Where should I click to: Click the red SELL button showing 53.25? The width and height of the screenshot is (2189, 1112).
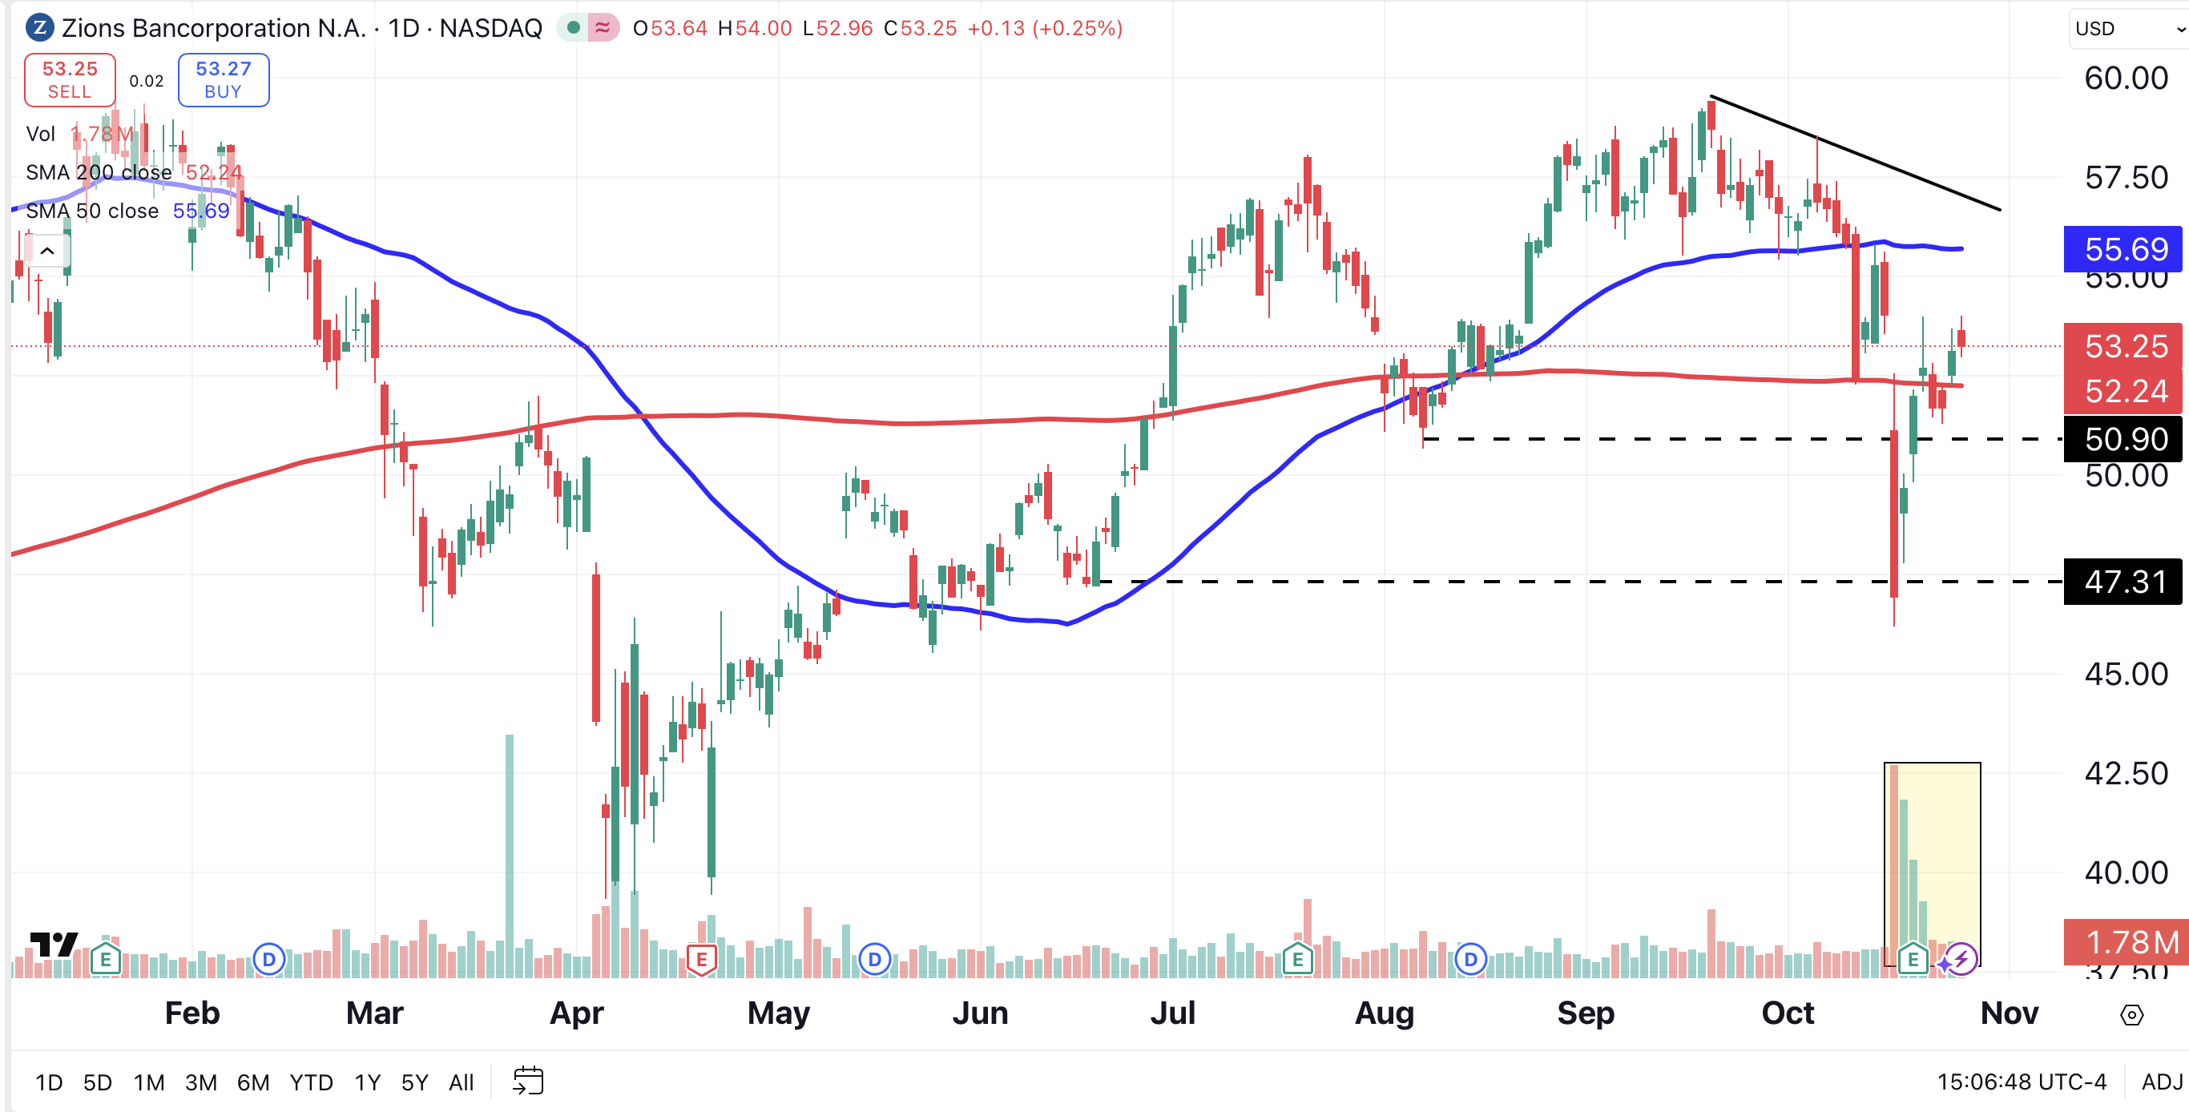click(x=70, y=80)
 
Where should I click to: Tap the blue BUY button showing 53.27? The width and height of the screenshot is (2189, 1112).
click(x=224, y=80)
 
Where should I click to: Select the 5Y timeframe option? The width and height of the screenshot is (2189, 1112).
click(x=415, y=1082)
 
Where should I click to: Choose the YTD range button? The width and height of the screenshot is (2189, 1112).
click(x=311, y=1082)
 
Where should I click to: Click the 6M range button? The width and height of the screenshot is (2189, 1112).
click(x=253, y=1082)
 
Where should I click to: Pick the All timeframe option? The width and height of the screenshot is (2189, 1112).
click(x=462, y=1082)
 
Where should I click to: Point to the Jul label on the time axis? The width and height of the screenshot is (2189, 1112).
click(x=1173, y=1013)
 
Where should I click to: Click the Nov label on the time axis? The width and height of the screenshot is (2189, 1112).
click(x=2009, y=1013)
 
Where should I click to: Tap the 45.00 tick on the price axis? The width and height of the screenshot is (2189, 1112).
click(x=2127, y=674)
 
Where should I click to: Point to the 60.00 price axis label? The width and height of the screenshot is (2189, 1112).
click(x=2127, y=79)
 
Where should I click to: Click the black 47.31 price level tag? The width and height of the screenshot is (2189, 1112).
click(x=2123, y=582)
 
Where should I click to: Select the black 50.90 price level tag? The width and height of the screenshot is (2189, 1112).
click(x=2123, y=439)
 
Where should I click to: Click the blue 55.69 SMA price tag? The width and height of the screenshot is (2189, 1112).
click(x=2123, y=249)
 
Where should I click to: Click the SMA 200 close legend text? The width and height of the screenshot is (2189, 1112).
click(x=99, y=172)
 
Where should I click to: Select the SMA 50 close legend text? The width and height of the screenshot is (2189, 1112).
click(x=92, y=211)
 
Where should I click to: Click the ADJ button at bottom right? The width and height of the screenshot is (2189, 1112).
click(x=2161, y=1082)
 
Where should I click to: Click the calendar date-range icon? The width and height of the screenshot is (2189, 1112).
click(x=528, y=1081)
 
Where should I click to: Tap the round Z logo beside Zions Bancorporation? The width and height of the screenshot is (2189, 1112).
click(x=40, y=28)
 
